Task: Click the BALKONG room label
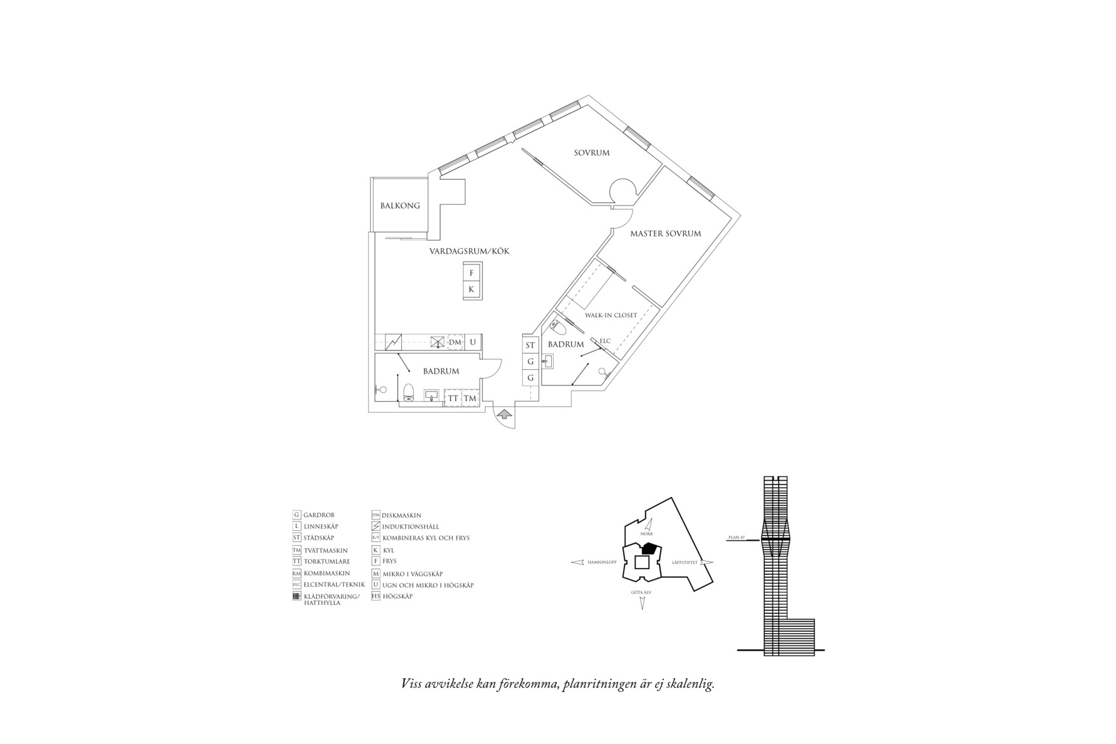(x=400, y=206)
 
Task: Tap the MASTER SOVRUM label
(x=665, y=234)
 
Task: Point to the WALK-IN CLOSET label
(x=611, y=315)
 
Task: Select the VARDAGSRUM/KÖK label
(x=469, y=251)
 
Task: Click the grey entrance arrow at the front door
(x=505, y=414)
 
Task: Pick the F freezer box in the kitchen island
(x=472, y=273)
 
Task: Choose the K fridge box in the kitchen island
(x=472, y=290)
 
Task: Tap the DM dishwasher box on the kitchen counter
(x=455, y=342)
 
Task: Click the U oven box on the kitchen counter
(x=473, y=342)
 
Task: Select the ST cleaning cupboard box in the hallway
(x=530, y=345)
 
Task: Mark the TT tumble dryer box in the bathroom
(x=453, y=399)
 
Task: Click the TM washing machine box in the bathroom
(x=470, y=399)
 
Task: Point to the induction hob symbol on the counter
(x=393, y=342)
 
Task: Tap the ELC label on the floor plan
(x=605, y=341)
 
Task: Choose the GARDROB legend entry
(x=318, y=515)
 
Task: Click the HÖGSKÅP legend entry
(x=397, y=597)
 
